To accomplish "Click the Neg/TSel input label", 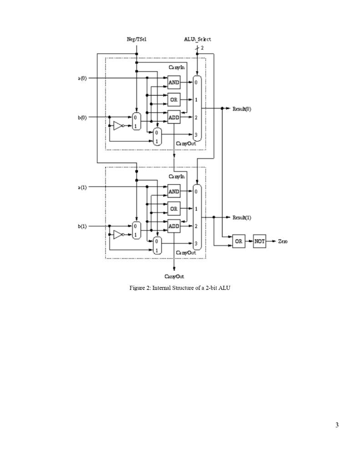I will click(x=136, y=40).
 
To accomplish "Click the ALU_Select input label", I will click(x=197, y=40).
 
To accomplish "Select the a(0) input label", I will click(x=82, y=78).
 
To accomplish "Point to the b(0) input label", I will click(x=82, y=117).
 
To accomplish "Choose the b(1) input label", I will click(x=82, y=226).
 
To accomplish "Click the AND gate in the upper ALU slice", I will click(x=174, y=82).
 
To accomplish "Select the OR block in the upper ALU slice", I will click(x=174, y=100).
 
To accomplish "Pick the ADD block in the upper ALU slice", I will click(x=174, y=117).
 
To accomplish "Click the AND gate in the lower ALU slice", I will click(x=174, y=192).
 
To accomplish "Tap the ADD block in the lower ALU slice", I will click(x=174, y=226).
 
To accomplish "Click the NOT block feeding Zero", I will click(x=259, y=242).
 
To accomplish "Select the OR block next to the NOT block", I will click(x=238, y=242).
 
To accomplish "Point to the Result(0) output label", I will click(x=242, y=109).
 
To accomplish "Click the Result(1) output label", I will click(x=242, y=218).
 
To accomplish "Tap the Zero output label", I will click(x=283, y=242).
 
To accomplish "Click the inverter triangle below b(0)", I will click(x=118, y=126).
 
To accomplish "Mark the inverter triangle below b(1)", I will click(x=118, y=234).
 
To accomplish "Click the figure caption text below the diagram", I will click(x=180, y=288).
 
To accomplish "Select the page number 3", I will click(x=337, y=425).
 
